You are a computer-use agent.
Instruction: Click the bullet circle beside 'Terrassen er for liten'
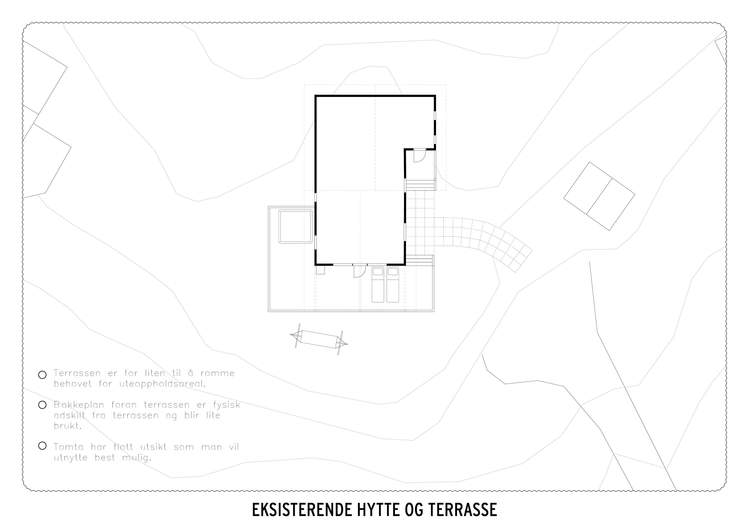click(x=42, y=375)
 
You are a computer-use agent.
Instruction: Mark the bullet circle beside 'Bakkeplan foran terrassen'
click(x=42, y=405)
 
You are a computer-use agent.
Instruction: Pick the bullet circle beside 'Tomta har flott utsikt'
click(x=42, y=446)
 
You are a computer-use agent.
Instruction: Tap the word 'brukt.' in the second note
click(x=67, y=426)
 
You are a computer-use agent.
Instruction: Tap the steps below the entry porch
click(x=421, y=185)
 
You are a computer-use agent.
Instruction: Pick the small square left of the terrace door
click(x=320, y=270)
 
